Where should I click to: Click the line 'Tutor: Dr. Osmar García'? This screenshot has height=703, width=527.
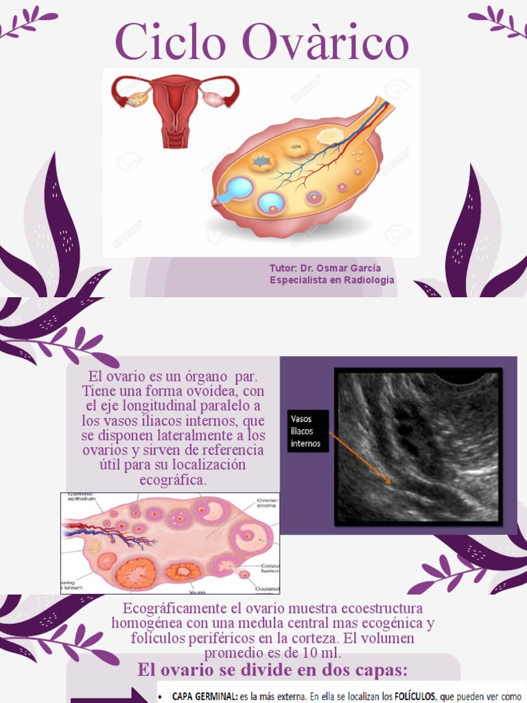click(x=325, y=268)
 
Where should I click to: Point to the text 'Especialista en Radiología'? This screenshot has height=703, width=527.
click(x=332, y=280)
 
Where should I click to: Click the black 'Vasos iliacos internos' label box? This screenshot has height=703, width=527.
click(x=306, y=431)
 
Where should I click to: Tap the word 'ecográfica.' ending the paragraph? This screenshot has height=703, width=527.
click(x=173, y=481)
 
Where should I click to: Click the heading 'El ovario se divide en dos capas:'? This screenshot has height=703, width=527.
click(x=273, y=670)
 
